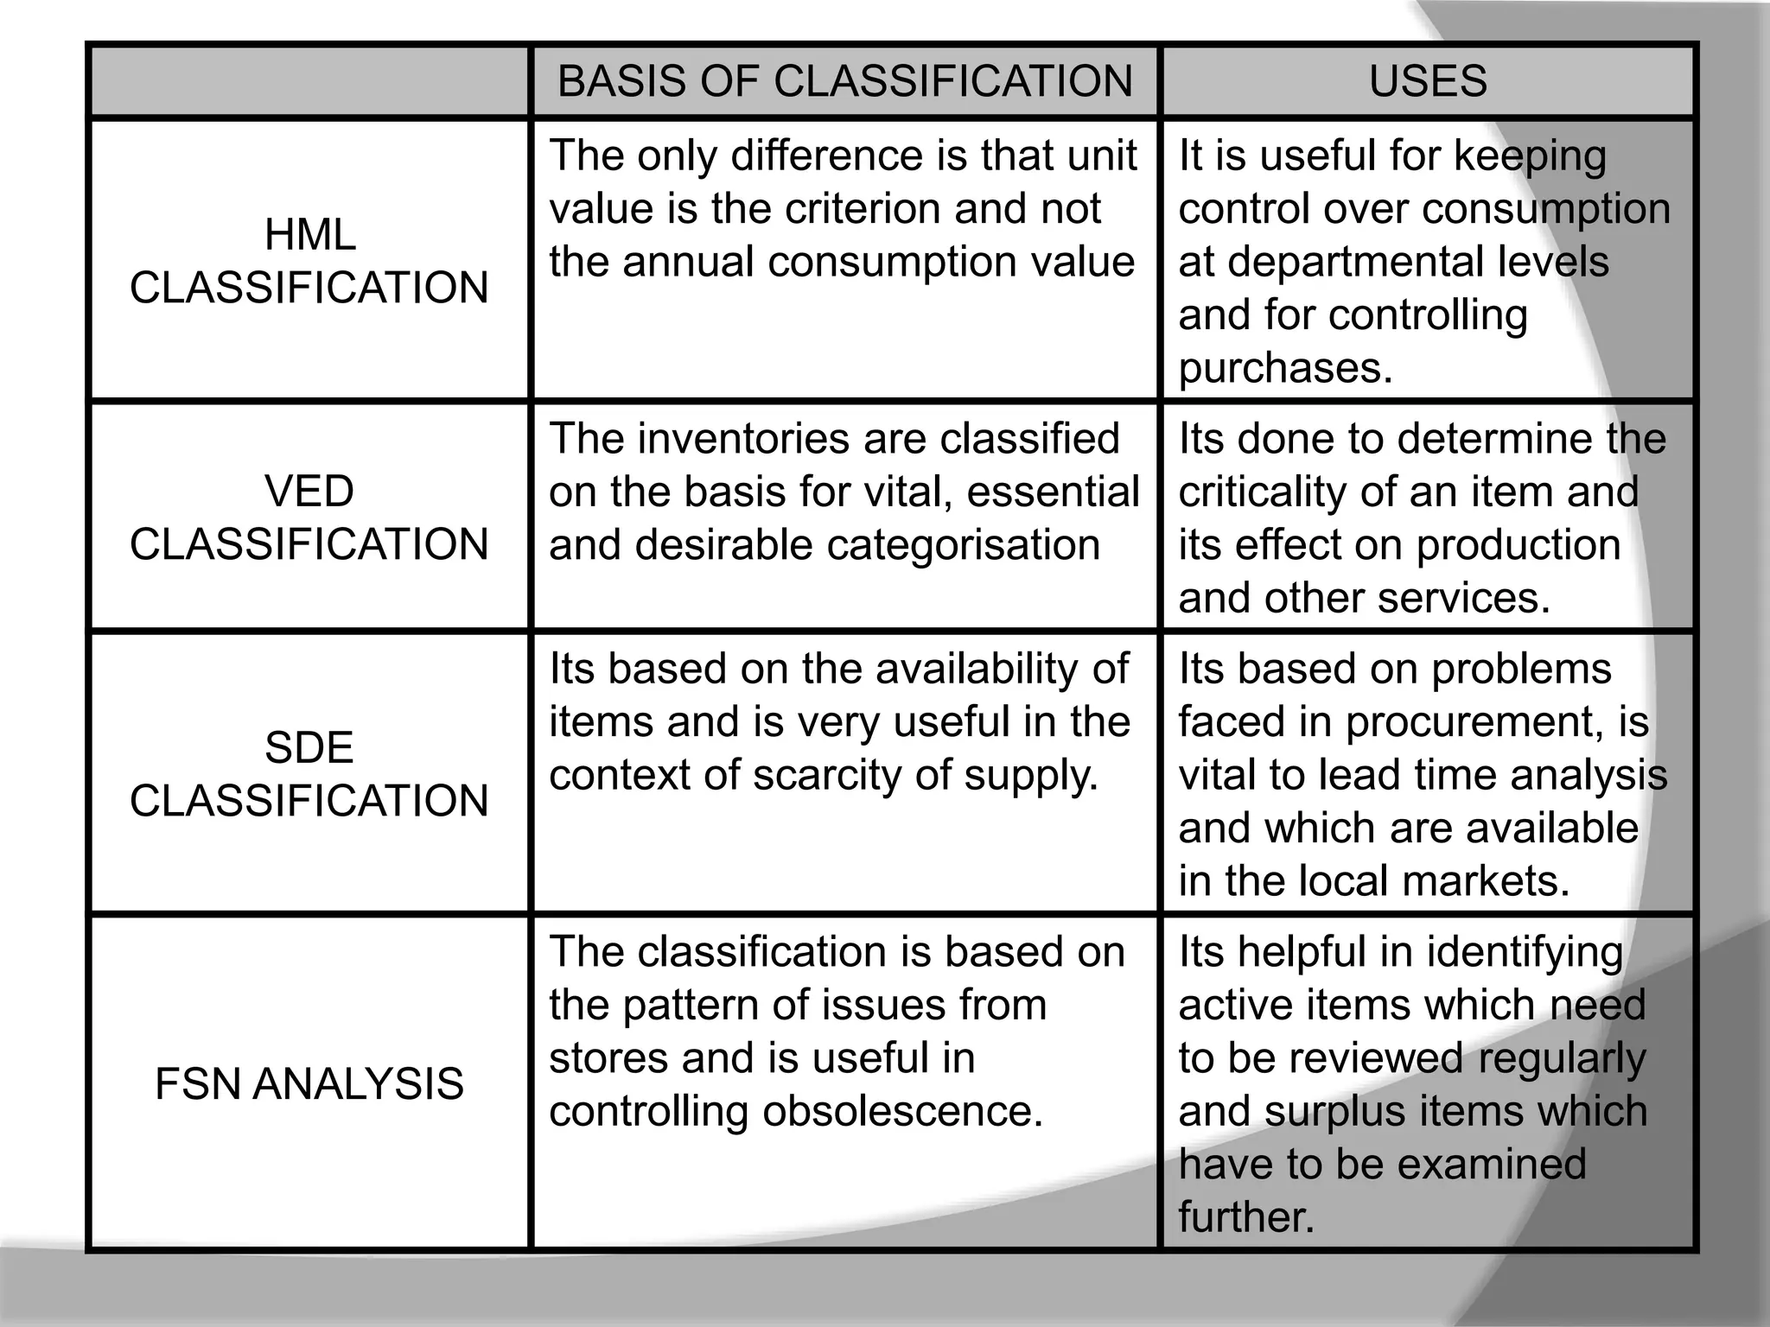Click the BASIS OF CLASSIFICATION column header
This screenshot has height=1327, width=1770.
point(844,81)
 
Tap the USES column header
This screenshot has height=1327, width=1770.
point(1428,81)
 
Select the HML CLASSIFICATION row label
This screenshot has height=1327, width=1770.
point(309,261)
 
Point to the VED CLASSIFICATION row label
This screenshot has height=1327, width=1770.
point(309,517)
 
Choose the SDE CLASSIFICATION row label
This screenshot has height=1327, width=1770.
point(309,773)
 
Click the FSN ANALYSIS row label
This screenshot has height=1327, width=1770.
point(309,1083)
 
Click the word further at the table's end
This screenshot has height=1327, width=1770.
point(1245,1217)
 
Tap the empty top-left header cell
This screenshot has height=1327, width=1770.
point(309,81)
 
